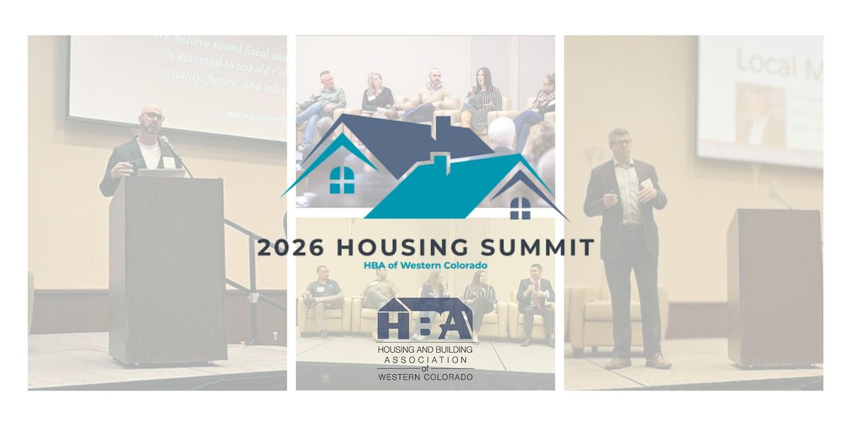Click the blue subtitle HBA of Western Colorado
coord(425,266)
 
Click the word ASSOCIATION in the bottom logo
coord(425,359)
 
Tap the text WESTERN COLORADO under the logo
coord(425,376)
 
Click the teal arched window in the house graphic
coord(343,180)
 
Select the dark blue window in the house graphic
coord(520,207)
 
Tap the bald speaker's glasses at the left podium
coord(152,116)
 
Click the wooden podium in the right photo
coord(774,284)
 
